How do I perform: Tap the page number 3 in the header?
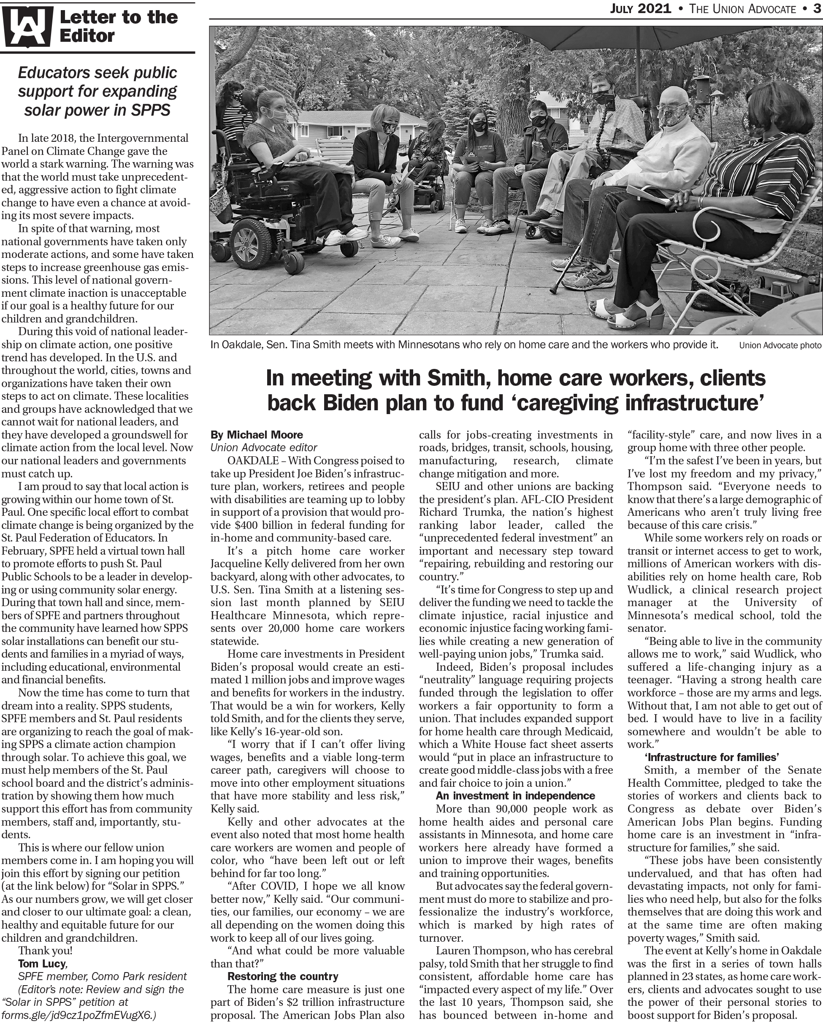(816, 8)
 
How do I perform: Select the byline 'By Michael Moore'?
(257, 435)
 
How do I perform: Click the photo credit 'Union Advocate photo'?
(780, 345)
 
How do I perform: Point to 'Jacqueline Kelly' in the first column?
(250, 564)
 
